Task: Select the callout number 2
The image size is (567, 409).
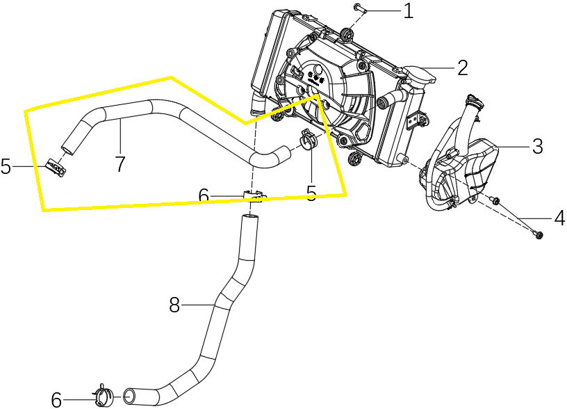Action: [x=462, y=67]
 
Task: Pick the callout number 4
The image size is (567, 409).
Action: [x=559, y=218]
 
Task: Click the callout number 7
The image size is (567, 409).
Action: [x=120, y=164]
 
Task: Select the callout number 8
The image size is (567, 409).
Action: [x=174, y=305]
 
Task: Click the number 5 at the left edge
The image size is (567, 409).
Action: [x=6, y=167]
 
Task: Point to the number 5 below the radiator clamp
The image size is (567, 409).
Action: [x=311, y=193]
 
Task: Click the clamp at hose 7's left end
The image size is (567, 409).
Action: [x=54, y=167]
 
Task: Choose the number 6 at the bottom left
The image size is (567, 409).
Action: [x=56, y=399]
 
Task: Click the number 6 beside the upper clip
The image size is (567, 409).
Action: [x=203, y=197]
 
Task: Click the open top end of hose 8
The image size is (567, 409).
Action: [x=249, y=219]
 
